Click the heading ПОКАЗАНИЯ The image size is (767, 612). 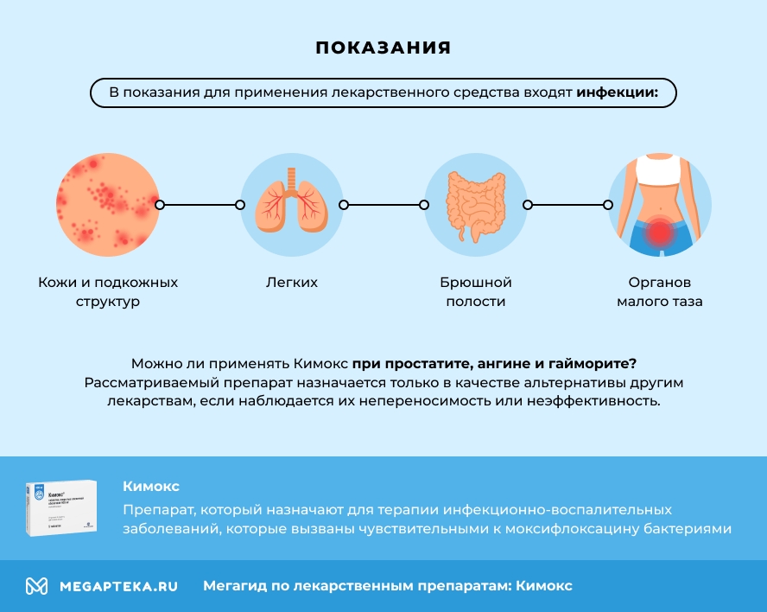point(383,48)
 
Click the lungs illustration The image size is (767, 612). point(291,205)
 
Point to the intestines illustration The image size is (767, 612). point(475,206)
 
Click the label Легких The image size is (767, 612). point(291,283)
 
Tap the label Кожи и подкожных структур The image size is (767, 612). point(108,292)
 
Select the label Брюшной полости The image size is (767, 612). point(476,292)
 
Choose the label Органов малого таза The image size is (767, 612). point(660,292)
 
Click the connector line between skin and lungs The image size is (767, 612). point(200,205)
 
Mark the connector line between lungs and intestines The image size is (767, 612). point(383,205)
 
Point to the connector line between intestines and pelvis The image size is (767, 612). point(567,205)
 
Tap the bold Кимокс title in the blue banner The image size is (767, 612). point(151,487)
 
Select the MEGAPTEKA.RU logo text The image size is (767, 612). point(118,586)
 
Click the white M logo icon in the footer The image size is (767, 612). point(36,586)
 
